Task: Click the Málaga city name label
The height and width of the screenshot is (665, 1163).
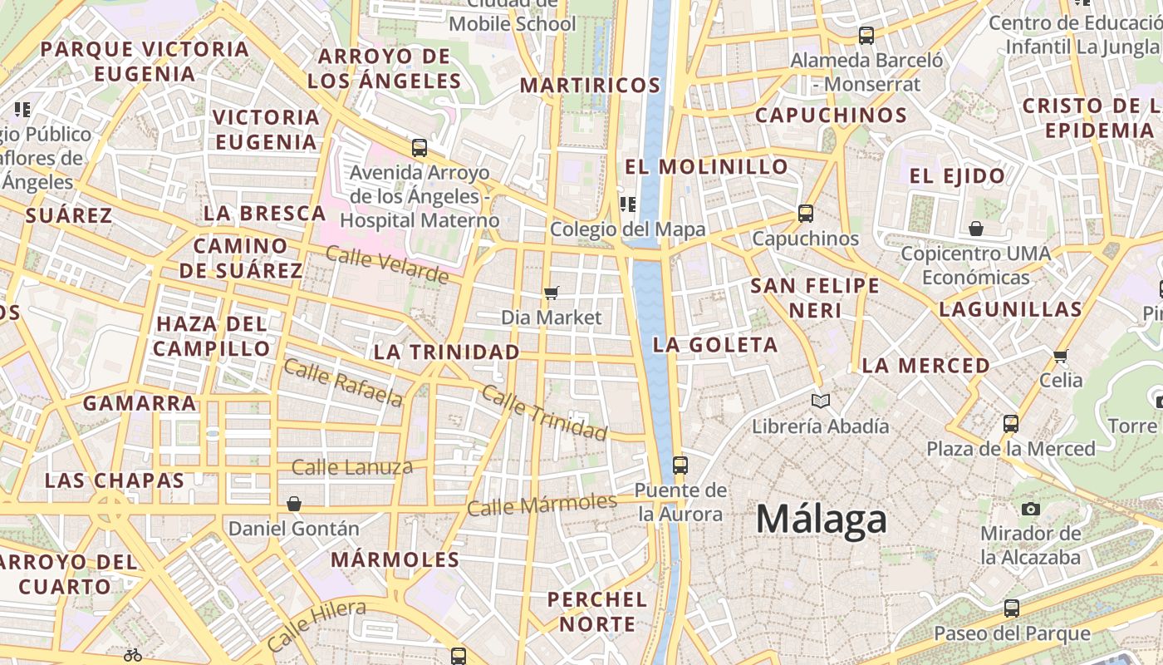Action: click(x=821, y=520)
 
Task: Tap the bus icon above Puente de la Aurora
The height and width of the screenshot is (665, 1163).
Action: click(x=680, y=465)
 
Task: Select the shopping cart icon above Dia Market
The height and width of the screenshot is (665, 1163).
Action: click(x=551, y=293)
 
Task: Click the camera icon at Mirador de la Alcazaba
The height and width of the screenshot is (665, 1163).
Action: click(x=1031, y=509)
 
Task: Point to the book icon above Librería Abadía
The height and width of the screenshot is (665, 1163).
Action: click(x=821, y=401)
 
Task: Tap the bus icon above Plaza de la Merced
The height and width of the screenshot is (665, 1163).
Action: click(x=1011, y=423)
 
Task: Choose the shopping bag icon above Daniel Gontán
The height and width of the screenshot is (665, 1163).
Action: click(x=293, y=504)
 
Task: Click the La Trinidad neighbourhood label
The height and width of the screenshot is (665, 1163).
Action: click(x=446, y=352)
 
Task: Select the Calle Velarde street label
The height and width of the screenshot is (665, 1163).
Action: click(x=387, y=264)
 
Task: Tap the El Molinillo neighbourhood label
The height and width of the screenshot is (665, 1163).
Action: click(x=706, y=166)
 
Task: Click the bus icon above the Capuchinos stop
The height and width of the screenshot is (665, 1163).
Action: click(x=805, y=214)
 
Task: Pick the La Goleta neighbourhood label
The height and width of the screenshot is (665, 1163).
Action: click(x=715, y=344)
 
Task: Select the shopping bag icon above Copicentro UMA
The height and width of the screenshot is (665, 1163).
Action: click(x=975, y=228)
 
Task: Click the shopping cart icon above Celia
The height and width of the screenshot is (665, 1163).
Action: click(x=1060, y=356)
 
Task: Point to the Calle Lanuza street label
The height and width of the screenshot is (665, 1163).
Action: click(x=351, y=467)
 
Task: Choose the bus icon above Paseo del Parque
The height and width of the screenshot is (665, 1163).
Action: click(x=1011, y=608)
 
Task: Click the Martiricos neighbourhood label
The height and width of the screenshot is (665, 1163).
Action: click(x=590, y=85)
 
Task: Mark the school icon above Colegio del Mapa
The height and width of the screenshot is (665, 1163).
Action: click(x=627, y=204)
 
